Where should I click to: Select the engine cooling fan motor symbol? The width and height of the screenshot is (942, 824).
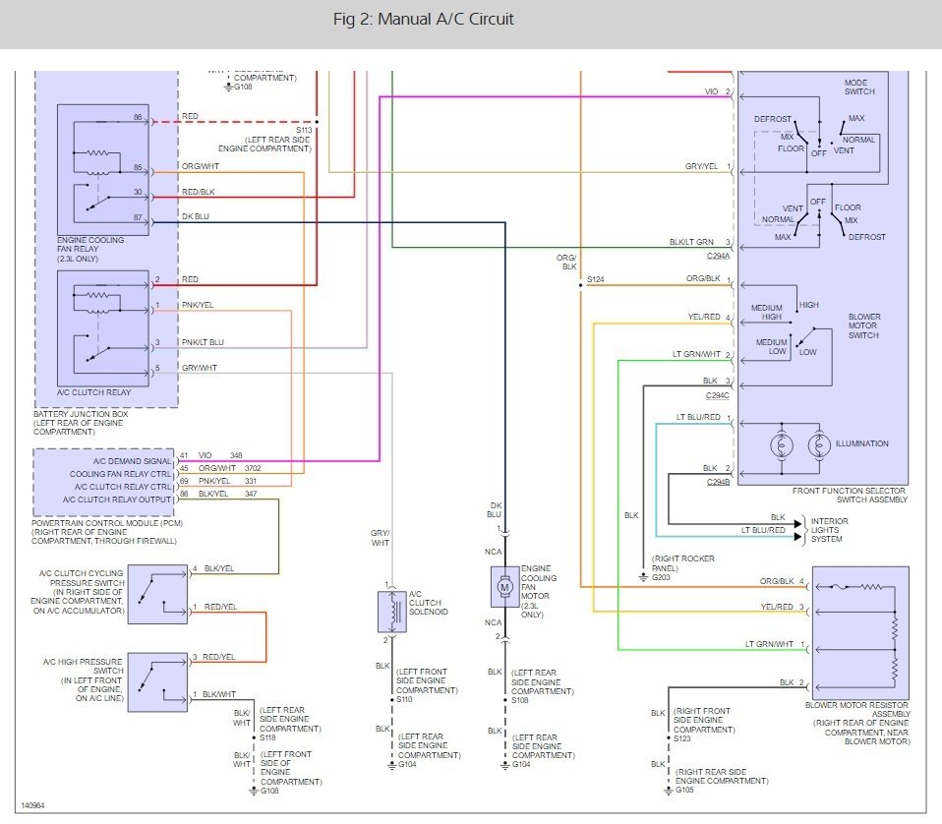(504, 587)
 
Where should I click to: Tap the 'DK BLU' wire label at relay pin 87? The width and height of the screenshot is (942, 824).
(196, 216)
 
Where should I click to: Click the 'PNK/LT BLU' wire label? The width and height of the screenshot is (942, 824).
(202, 342)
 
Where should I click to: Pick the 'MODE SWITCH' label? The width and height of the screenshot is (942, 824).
(858, 87)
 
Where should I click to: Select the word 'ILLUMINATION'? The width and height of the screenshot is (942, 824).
(861, 443)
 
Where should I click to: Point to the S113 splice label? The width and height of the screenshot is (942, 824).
(304, 129)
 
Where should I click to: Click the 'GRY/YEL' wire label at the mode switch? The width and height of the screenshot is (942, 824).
(702, 166)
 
